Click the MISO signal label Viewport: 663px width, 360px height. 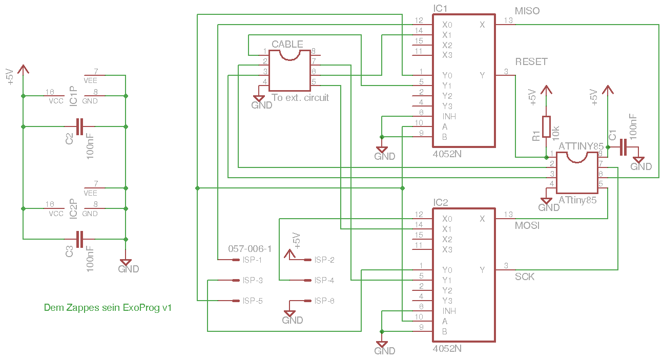pyautogui.click(x=527, y=11)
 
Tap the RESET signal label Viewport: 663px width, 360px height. pyautogui.click(x=531, y=62)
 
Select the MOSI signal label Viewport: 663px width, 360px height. pyautogui.click(x=527, y=225)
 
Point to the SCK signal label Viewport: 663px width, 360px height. pyautogui.click(x=525, y=277)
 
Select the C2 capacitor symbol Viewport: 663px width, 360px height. pyautogui.click(x=79, y=126)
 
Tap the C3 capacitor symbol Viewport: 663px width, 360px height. pyautogui.click(x=79, y=239)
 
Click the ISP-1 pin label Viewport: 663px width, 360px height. pyautogui.click(x=253, y=260)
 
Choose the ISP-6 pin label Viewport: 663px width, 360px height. pyautogui.click(x=324, y=301)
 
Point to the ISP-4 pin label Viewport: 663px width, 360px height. pyautogui.click(x=324, y=281)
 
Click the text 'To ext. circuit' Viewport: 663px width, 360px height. pyautogui.click(x=300, y=98)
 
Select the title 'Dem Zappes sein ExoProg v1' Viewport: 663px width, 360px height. pyautogui.click(x=108, y=308)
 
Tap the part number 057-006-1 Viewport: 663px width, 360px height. pyautogui.click(x=250, y=249)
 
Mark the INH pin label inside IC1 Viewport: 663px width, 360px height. pyautogui.click(x=449, y=116)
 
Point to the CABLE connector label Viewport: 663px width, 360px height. pyautogui.click(x=287, y=44)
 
